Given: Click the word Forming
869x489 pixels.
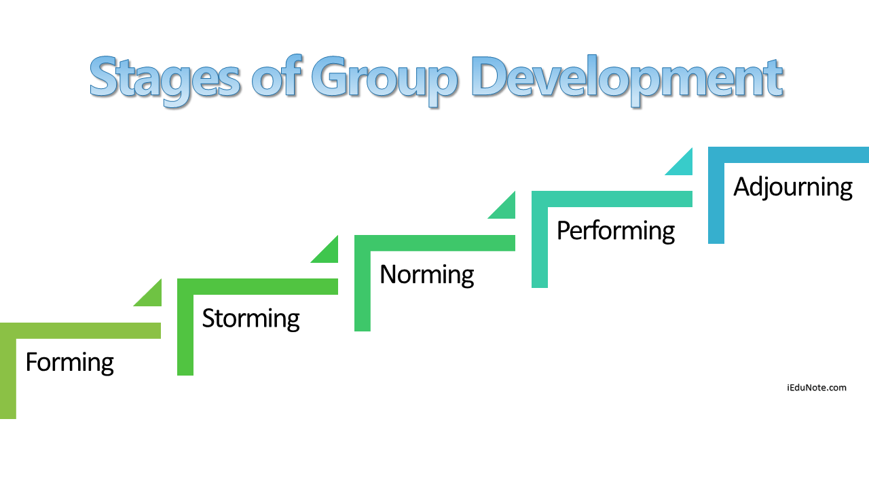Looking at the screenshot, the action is coord(70,363).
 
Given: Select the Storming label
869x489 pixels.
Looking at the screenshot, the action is coord(251,319).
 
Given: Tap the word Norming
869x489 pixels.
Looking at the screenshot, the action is coord(427,275).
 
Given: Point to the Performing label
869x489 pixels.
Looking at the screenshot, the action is coord(616,231).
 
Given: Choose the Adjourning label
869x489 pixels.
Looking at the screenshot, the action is coord(792,187).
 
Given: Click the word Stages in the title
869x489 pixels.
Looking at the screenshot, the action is coord(165,79).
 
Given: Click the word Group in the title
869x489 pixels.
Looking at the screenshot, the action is coord(384,79).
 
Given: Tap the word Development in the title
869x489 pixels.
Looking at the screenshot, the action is coord(627,79).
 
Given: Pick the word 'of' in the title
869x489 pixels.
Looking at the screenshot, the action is coord(276,75).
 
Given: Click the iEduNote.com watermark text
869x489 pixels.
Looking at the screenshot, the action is coord(817,388).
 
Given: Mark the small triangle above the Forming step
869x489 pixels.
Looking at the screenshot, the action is coord(151,297).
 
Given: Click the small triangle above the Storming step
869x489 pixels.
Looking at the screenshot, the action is coord(329,253).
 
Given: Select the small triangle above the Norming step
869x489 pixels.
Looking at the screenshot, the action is coord(506,209).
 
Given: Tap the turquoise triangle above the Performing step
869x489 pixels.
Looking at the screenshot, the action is coord(683,166).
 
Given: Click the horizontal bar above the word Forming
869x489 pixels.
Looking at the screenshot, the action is coord(80,331).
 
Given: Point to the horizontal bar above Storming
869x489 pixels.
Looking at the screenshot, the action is coord(257,287).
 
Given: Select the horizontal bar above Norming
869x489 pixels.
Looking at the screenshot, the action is coord(434,243).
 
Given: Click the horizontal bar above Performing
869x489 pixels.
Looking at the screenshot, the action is coord(612,199).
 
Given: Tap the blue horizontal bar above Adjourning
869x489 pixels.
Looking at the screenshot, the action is coord(788,155).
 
